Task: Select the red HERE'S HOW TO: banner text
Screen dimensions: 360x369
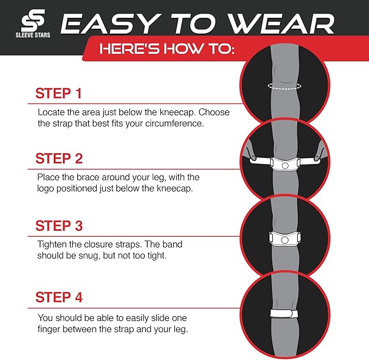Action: coord(166,50)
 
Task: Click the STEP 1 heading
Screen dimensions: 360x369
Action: coord(58,93)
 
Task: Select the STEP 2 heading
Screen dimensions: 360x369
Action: coord(59,159)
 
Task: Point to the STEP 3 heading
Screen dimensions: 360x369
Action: coord(59,225)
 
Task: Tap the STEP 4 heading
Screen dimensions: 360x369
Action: coord(59,298)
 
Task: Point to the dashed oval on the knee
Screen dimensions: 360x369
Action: coord(284,86)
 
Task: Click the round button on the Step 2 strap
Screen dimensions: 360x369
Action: coord(284,165)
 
